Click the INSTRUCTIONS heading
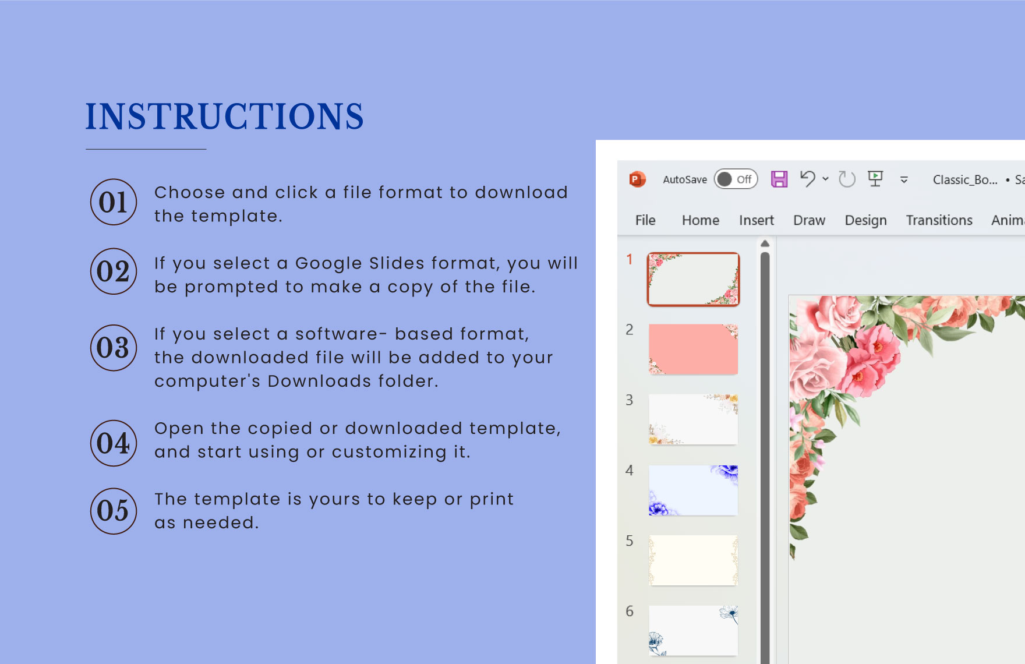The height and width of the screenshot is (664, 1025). click(x=224, y=116)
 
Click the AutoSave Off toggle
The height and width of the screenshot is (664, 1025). click(x=736, y=179)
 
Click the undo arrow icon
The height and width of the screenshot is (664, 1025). click(x=807, y=179)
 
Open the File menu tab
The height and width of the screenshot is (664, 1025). click(x=645, y=220)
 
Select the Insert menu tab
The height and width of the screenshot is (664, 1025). click(x=757, y=220)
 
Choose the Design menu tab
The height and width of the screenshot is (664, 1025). click(x=866, y=221)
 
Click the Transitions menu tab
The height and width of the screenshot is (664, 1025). click(x=939, y=220)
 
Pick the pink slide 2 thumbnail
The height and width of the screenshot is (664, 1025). click(x=693, y=349)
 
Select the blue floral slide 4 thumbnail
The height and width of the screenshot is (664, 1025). click(x=693, y=490)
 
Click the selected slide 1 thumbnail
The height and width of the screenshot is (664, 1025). click(x=693, y=279)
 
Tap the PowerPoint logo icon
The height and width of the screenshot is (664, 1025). click(x=638, y=179)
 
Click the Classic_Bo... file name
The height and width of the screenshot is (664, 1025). click(x=965, y=180)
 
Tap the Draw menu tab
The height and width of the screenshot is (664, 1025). click(x=810, y=220)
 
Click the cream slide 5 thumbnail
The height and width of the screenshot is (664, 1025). click(x=693, y=560)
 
